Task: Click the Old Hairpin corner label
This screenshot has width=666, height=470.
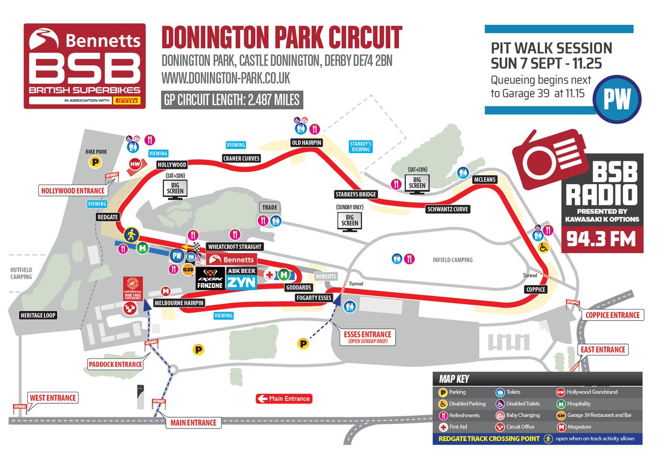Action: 307,143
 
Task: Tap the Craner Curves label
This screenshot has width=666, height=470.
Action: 241,158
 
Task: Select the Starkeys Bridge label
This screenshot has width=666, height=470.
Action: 356,194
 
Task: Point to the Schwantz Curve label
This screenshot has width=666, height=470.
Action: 447,209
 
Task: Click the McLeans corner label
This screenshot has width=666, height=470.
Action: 485,180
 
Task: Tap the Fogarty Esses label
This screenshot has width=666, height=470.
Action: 314,298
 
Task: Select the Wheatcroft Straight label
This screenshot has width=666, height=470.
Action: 234,246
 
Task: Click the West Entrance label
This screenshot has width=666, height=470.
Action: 53,398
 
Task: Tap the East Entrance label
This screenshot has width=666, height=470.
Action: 603,350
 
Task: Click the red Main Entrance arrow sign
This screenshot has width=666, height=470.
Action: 283,398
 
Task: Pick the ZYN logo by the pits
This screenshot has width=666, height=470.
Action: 241,282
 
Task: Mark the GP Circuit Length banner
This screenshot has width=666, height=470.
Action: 232,100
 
